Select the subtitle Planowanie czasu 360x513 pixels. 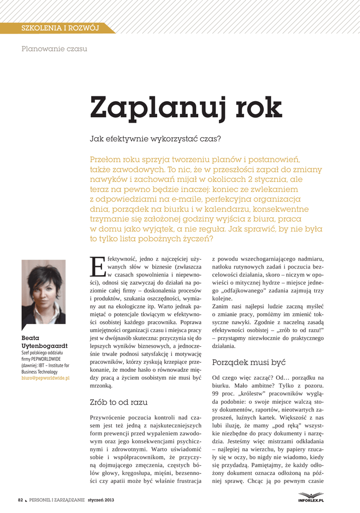click(x=54, y=49)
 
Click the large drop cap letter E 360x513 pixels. click(x=97, y=266)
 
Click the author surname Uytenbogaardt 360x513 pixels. click(x=45, y=346)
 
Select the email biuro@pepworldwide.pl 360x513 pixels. click(x=45, y=378)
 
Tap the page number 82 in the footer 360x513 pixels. click(x=21, y=500)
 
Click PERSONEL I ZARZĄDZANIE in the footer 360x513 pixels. click(x=57, y=500)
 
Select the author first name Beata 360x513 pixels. click(x=31, y=338)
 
